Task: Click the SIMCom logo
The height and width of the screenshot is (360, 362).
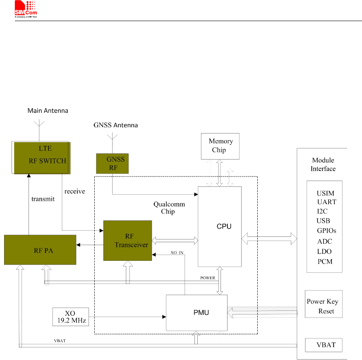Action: pos(26,9)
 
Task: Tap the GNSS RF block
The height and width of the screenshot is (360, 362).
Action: pos(112,163)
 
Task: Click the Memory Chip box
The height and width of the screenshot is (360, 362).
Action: pos(220,146)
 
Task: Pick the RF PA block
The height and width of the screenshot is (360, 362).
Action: pos(40,250)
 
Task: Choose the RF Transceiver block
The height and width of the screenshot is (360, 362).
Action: pos(127,241)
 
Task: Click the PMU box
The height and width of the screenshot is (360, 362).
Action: pos(197,312)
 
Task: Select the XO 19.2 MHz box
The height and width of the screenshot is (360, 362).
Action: pos(71,317)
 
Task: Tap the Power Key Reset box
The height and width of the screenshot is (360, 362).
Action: pos(324,306)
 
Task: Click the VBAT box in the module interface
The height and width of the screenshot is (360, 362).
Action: pos(324,345)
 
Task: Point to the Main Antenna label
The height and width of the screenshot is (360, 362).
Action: pos(48,111)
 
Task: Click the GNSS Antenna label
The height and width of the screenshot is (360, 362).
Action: pos(115,125)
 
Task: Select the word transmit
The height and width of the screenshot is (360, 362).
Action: pos(43,199)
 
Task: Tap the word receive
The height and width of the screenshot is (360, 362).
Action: pos(75,191)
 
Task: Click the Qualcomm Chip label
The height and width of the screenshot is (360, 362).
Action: pos(169,208)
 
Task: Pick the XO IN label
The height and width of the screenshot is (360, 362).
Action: pos(177,253)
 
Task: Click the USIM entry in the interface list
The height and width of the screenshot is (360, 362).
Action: pos(325,193)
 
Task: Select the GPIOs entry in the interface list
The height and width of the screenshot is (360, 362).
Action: pos(326,231)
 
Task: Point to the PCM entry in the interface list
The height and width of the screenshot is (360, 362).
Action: pos(325,262)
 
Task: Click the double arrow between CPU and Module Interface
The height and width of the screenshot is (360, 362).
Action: pos(269,238)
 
